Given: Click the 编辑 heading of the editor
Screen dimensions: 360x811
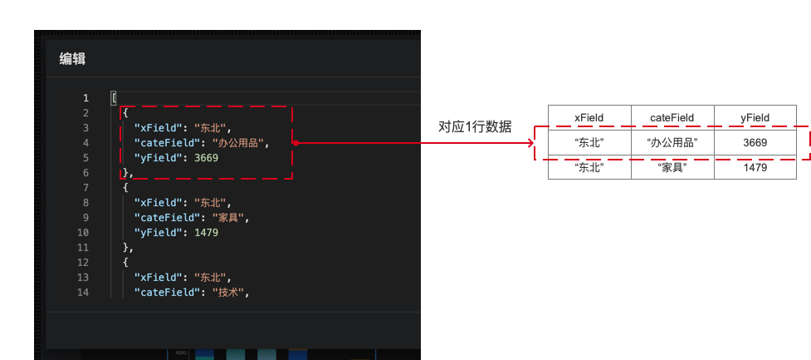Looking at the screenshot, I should (x=72, y=59).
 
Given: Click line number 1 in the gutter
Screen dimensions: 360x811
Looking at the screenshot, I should (x=85, y=98).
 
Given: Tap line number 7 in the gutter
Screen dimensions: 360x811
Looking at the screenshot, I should (x=85, y=188).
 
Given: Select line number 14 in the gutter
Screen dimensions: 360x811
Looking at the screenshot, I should (x=82, y=293).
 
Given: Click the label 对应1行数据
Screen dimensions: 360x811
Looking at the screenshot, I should (x=475, y=127).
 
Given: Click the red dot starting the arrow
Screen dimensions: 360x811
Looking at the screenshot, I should (x=296, y=142).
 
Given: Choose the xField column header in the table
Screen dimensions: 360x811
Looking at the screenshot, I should (x=589, y=117).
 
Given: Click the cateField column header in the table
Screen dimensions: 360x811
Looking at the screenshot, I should (x=672, y=117).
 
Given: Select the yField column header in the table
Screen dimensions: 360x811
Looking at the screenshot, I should (x=755, y=117).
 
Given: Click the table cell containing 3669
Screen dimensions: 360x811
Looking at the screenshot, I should (x=755, y=142).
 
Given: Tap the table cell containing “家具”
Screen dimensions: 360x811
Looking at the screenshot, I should (x=672, y=167).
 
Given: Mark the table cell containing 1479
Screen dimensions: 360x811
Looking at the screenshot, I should (x=755, y=167).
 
